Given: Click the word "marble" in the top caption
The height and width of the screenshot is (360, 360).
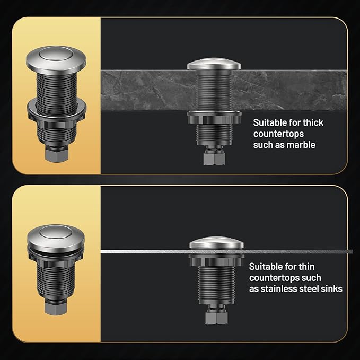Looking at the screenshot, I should [302, 145].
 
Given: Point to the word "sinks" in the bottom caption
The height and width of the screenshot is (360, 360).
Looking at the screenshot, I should [330, 289].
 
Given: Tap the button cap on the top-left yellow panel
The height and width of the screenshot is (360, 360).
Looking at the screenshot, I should [55, 55].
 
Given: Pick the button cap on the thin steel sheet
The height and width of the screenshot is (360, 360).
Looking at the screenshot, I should [216, 243].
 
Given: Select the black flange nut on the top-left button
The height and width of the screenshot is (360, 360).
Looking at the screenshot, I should [56, 109].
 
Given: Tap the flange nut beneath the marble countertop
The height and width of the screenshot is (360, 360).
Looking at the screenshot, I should [214, 118].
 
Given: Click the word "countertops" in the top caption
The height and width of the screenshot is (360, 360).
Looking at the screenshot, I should [278, 134].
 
